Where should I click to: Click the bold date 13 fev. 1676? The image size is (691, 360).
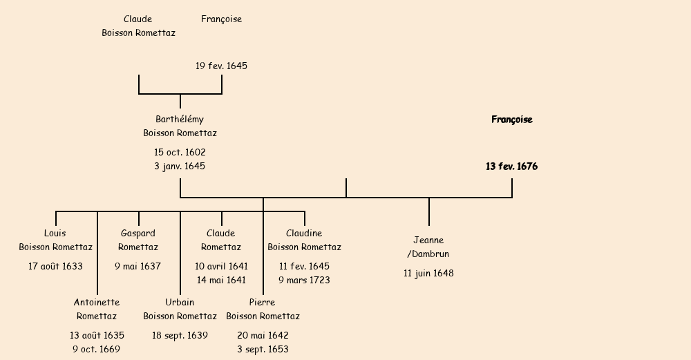pos(511,167)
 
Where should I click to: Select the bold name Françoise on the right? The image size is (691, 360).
pos(511,120)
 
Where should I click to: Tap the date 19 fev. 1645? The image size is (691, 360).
pos(221,66)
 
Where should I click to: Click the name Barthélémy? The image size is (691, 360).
pos(180,120)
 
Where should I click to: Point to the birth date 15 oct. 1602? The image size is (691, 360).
pos(180,152)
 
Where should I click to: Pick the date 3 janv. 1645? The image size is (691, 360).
pos(180,167)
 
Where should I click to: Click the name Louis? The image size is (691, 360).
pos(55,234)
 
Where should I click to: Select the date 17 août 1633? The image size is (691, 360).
pos(55,266)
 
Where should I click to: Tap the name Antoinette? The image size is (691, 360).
pos(97,303)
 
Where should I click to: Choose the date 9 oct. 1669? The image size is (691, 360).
pos(97,349)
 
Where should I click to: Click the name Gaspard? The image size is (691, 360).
pos(138,234)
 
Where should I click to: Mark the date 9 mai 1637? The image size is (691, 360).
pos(138,266)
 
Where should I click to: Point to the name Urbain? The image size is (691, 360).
pos(180,303)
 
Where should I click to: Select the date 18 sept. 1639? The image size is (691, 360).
pos(180,335)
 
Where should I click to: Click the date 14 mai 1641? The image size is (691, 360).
pos(221,280)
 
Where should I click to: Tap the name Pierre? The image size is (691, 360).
pos(263,303)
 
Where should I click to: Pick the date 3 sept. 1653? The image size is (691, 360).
pos(263,349)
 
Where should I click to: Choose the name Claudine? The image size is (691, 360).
pos(304,234)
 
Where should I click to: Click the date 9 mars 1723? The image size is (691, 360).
pos(304,280)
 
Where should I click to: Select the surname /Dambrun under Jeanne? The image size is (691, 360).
pos(428,254)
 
